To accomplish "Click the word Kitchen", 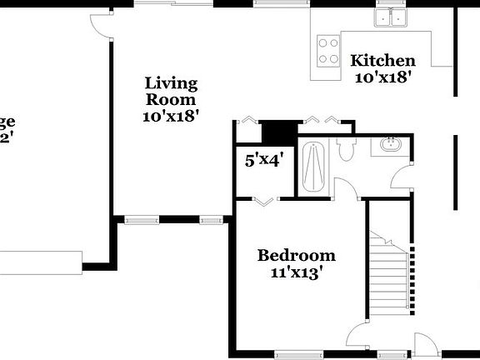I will (382, 61).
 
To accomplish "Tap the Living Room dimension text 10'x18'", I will (171, 117).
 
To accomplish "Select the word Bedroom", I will (296, 255).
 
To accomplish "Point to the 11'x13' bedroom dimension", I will (296, 272).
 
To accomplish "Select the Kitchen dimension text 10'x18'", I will (382, 77).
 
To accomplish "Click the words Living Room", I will (171, 91).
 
